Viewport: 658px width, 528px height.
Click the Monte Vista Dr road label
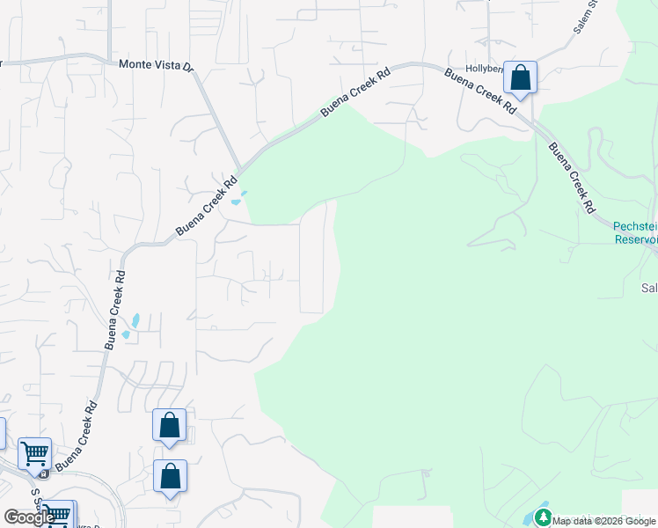tap(156, 64)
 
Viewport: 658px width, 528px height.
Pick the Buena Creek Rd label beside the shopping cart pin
tap(78, 437)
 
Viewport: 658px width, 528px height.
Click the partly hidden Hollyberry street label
tap(483, 68)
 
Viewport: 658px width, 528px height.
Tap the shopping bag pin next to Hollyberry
tap(521, 78)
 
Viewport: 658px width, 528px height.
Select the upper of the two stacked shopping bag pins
tap(170, 426)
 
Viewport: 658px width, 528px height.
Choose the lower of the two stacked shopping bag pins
tap(170, 477)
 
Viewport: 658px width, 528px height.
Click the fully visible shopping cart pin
tap(35, 455)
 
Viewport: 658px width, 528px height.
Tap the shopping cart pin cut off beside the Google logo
tap(58, 512)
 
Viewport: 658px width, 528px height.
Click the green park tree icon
tap(543, 517)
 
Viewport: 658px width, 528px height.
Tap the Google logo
tap(29, 517)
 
